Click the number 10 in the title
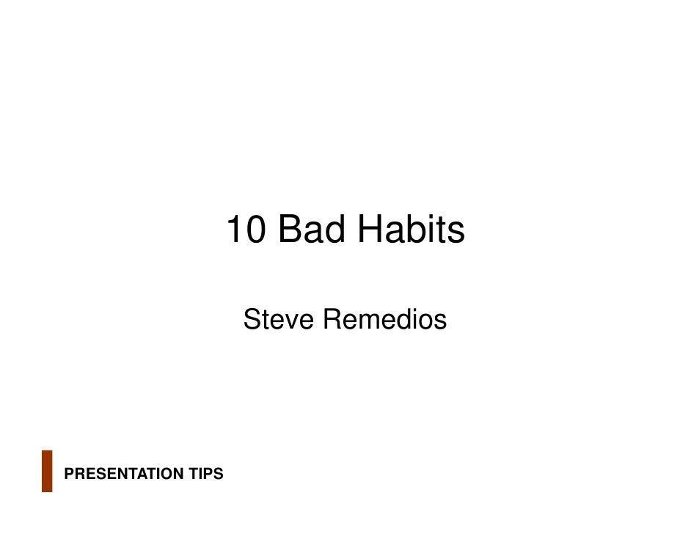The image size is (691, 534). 246,230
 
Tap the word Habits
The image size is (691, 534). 412,230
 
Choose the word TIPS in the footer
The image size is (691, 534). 205,475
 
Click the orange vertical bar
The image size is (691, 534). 47,470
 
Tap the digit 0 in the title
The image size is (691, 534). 255,230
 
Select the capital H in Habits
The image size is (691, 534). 370,230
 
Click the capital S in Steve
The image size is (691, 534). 252,320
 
